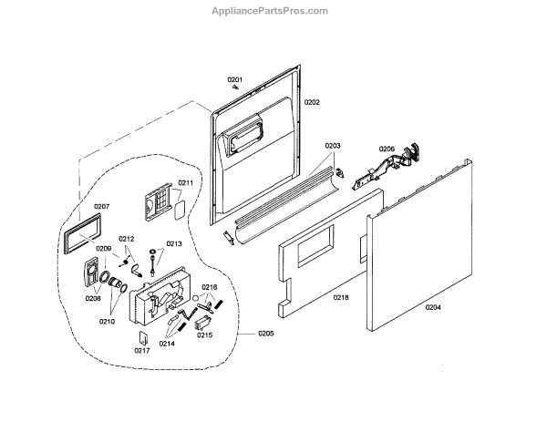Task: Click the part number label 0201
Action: pos(234,80)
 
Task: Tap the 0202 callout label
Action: pos(311,103)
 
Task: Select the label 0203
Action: pos(332,146)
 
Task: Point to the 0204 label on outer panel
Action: pos(433,306)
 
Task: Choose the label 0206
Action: pos(387,149)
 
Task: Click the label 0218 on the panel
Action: pos(342,298)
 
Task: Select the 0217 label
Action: pos(141,351)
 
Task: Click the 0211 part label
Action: pos(186,183)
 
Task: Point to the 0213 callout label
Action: pos(174,244)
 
